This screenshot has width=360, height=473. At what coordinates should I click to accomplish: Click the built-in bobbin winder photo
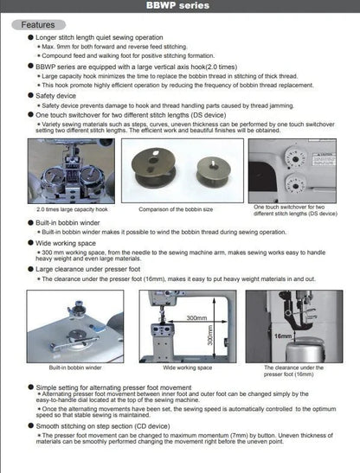click(69, 326)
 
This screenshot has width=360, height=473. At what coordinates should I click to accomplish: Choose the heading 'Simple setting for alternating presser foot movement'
click(130, 390)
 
